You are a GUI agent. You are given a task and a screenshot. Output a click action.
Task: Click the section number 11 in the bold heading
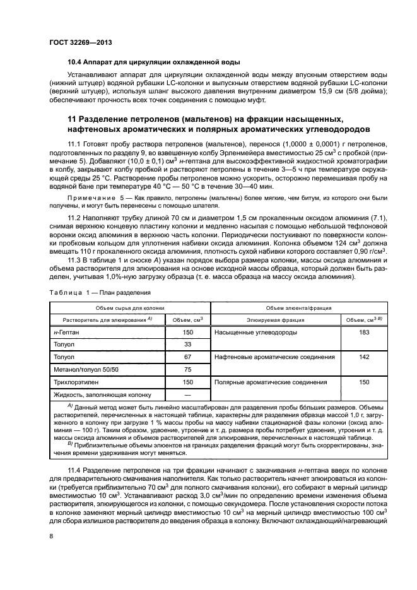coord(73,119)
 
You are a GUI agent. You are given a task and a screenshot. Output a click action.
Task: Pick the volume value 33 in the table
coord(187,345)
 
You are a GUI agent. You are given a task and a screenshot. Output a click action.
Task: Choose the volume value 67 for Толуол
coord(187,357)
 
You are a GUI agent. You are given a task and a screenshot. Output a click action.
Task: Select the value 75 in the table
coord(187,370)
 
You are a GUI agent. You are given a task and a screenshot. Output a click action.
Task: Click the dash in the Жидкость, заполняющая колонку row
coord(187,395)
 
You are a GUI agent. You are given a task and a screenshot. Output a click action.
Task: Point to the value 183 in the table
coord(364,332)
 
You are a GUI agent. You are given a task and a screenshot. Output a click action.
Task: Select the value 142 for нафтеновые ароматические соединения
coord(364,357)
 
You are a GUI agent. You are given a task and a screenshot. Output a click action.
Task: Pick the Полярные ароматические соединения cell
coord(271,382)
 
